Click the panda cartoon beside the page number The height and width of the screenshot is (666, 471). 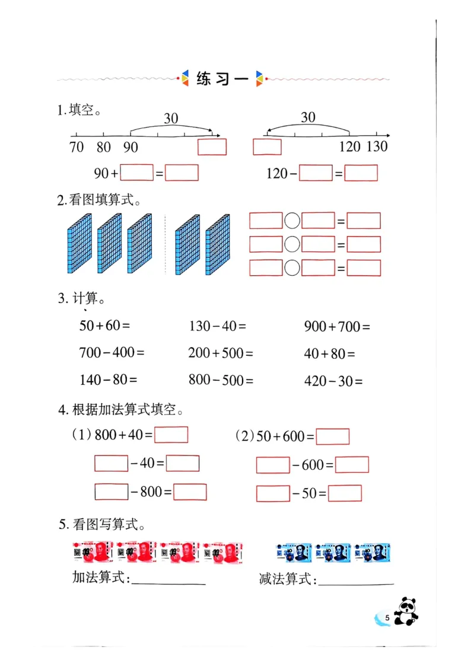[x=406, y=611]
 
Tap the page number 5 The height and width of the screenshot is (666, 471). [x=387, y=619]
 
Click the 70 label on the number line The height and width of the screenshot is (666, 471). [x=77, y=147]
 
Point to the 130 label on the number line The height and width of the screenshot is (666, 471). [x=377, y=146]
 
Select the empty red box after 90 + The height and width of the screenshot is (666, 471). [x=136, y=173]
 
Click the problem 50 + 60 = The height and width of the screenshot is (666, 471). [x=104, y=326]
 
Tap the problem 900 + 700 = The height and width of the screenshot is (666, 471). [x=336, y=326]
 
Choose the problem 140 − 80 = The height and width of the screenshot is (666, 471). [x=108, y=380]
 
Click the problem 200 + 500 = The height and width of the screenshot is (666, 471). [x=220, y=353]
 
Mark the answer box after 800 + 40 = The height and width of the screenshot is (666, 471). [x=171, y=435]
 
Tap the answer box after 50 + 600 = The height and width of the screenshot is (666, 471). [x=332, y=437]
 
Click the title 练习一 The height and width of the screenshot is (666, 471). [x=221, y=79]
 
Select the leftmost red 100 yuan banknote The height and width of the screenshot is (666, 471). [x=93, y=552]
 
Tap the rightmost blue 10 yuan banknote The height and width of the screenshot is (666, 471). [x=374, y=552]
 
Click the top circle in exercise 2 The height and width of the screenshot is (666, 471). [x=292, y=221]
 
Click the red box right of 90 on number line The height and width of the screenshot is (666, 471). [x=212, y=146]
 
